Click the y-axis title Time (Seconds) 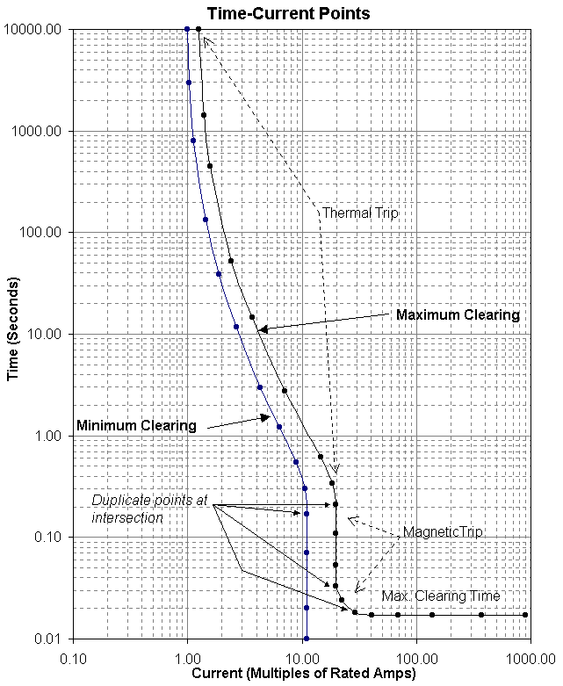(x=13, y=334)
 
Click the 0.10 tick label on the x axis (x=72, y=655)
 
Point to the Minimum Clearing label (x=136, y=425)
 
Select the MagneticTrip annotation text (x=443, y=532)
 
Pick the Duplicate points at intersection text (x=149, y=509)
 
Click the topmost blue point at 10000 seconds (x=187, y=29)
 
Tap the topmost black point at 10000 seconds (x=198, y=29)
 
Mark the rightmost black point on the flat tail (x=525, y=615)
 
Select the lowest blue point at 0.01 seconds (x=307, y=639)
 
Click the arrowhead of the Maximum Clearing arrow (x=261, y=329)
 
